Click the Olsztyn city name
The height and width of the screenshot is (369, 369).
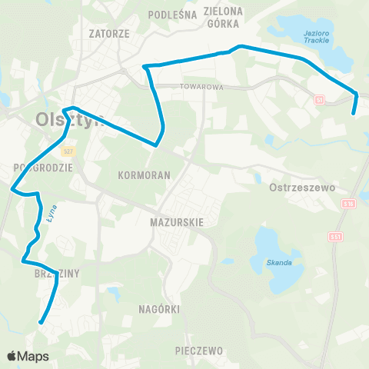(x=68, y=120)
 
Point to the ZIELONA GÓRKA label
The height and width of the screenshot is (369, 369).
(x=224, y=18)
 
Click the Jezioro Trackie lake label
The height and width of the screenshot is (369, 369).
(x=317, y=35)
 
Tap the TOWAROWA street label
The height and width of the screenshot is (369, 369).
(x=202, y=87)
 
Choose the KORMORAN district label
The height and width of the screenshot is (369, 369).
(x=145, y=175)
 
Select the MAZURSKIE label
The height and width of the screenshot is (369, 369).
(x=177, y=221)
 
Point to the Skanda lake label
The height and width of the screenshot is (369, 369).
(x=281, y=263)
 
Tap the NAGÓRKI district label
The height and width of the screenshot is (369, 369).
(x=161, y=309)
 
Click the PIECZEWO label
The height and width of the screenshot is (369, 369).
(x=198, y=351)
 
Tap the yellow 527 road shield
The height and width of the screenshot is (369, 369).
(x=68, y=151)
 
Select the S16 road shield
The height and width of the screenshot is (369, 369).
(x=348, y=202)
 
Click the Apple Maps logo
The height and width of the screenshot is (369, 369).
(x=28, y=356)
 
